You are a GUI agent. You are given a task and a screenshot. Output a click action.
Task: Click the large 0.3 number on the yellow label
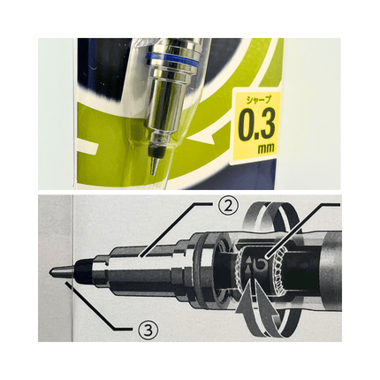pyautogui.click(x=256, y=125)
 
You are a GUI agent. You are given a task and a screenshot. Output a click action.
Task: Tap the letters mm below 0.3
pyautogui.click(x=266, y=148)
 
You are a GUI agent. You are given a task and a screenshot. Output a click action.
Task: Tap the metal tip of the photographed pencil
pyautogui.click(x=155, y=167)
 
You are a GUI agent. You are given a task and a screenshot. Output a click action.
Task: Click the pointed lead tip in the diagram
pyautogui.click(x=61, y=271)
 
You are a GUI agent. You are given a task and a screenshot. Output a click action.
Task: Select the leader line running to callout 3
pyautogui.click(x=98, y=306)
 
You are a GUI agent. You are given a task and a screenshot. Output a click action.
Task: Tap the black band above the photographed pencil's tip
pyautogui.click(x=157, y=153)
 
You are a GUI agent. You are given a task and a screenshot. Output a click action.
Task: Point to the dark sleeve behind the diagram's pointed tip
pyautogui.click(x=83, y=271)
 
